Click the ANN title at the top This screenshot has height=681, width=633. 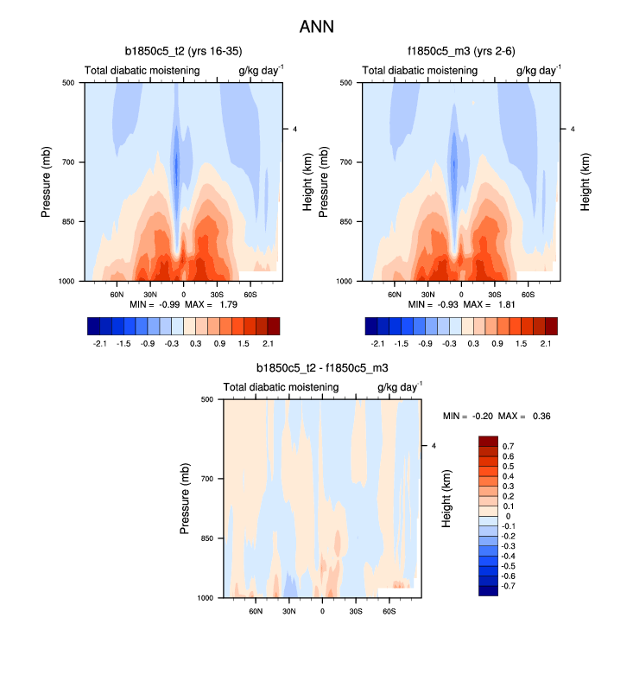[x=316, y=27]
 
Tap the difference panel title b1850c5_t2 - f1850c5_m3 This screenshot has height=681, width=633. [x=322, y=367]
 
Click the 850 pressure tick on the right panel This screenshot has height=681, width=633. [x=345, y=221]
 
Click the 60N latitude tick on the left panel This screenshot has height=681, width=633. [x=117, y=294]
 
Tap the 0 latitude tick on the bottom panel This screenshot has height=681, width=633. [x=322, y=611]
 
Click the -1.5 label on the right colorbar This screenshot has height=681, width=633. [x=401, y=342]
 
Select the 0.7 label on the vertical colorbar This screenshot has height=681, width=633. [x=509, y=446]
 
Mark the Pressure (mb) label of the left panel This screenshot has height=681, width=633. [x=47, y=181]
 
